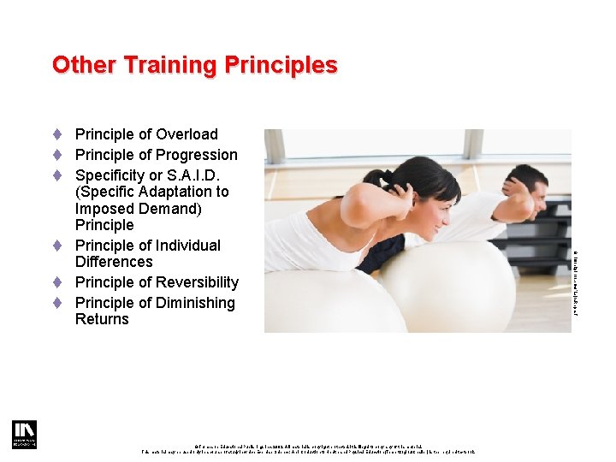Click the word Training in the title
pyautogui.click(x=178, y=65)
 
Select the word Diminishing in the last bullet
pyautogui.click(x=193, y=303)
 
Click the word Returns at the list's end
pyautogui.click(x=102, y=319)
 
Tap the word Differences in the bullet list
pyautogui.click(x=114, y=262)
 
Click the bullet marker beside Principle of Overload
pyautogui.click(x=56, y=134)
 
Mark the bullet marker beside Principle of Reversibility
pyautogui.click(x=56, y=282)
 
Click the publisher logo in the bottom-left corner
pyautogui.click(x=24, y=434)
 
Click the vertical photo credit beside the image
pyautogui.click(x=576, y=282)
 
